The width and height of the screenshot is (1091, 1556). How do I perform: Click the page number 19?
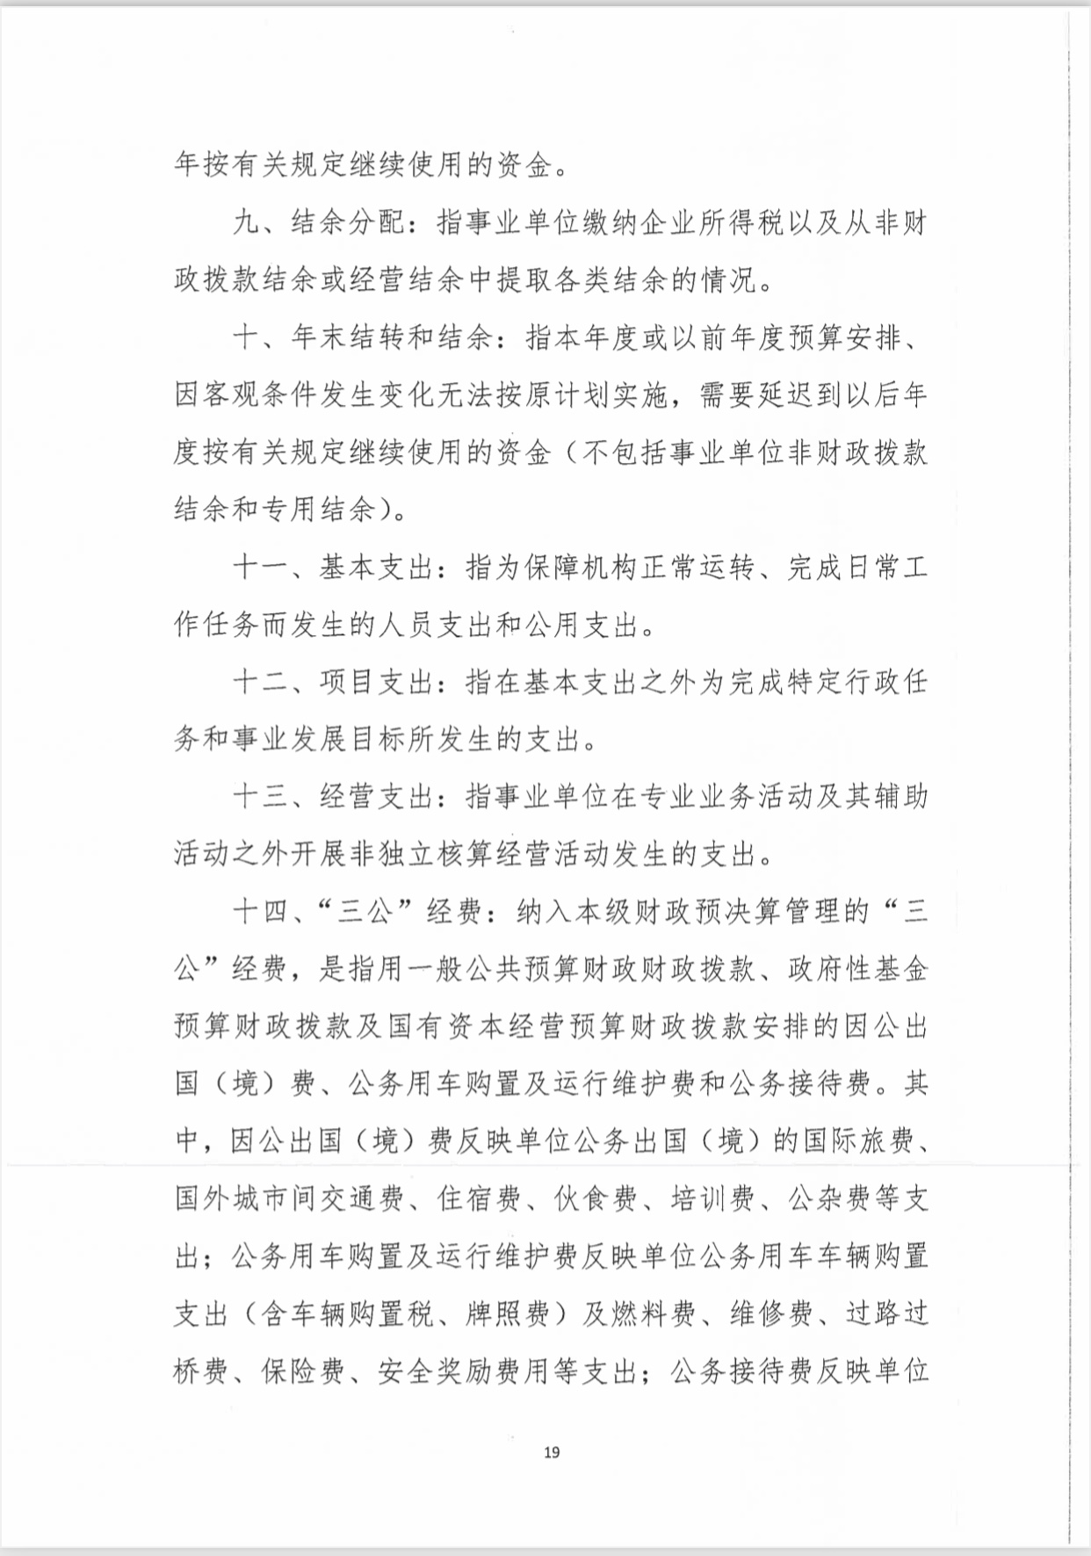pos(552,1451)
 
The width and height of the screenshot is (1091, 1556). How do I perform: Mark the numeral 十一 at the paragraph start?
pos(260,568)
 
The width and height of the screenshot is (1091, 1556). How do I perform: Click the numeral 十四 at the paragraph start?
pos(260,912)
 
